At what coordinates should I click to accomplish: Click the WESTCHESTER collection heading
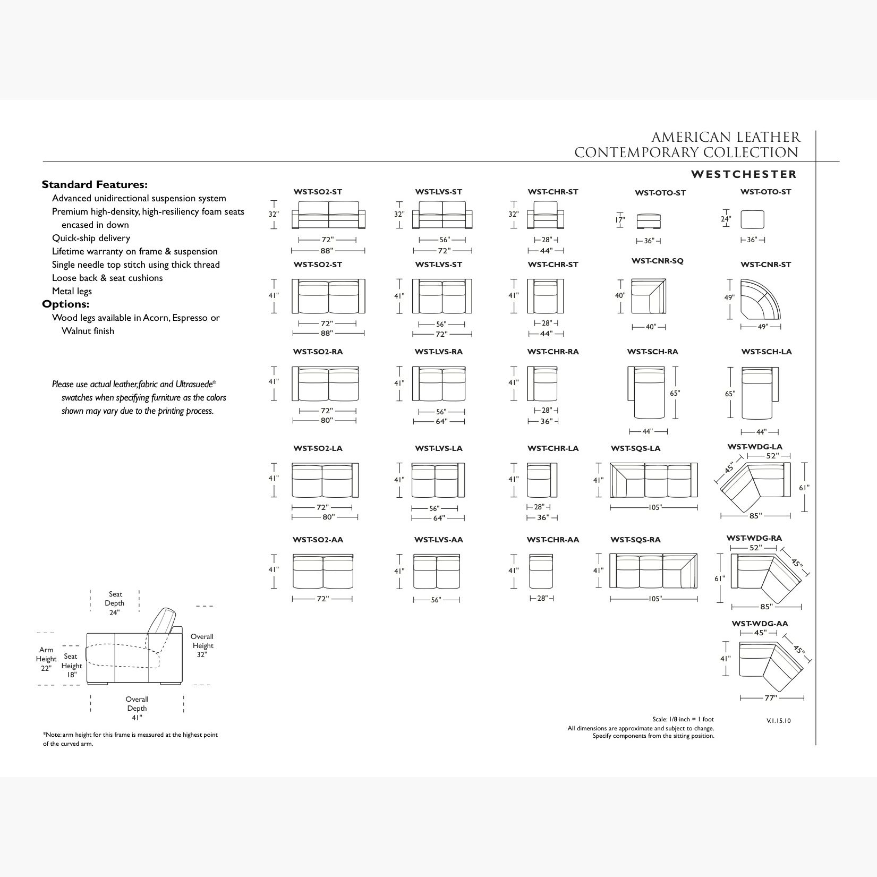click(x=743, y=174)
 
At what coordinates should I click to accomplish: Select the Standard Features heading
click(x=95, y=185)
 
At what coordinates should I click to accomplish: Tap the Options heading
click(x=66, y=304)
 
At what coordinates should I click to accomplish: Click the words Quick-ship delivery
click(x=91, y=238)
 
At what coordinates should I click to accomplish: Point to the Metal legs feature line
click(x=72, y=291)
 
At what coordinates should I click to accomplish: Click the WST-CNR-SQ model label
click(x=657, y=261)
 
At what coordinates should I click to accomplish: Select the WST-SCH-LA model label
click(x=766, y=352)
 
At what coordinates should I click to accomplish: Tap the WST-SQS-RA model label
click(x=635, y=540)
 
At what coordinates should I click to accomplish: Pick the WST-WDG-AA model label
click(x=760, y=624)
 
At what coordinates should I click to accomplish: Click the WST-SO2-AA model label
click(x=318, y=540)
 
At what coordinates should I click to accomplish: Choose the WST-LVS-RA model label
click(x=438, y=352)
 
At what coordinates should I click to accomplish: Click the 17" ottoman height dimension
click(x=620, y=219)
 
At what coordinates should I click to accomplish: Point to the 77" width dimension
click(x=770, y=699)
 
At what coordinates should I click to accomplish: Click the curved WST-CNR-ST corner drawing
click(x=760, y=299)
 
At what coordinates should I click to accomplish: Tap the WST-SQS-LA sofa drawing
click(x=653, y=480)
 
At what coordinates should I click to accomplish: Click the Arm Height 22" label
click(x=46, y=659)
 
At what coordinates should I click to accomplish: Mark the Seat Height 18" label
click(x=71, y=666)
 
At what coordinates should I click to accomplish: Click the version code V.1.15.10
click(x=778, y=721)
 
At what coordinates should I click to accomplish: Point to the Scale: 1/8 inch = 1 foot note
click(x=683, y=719)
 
